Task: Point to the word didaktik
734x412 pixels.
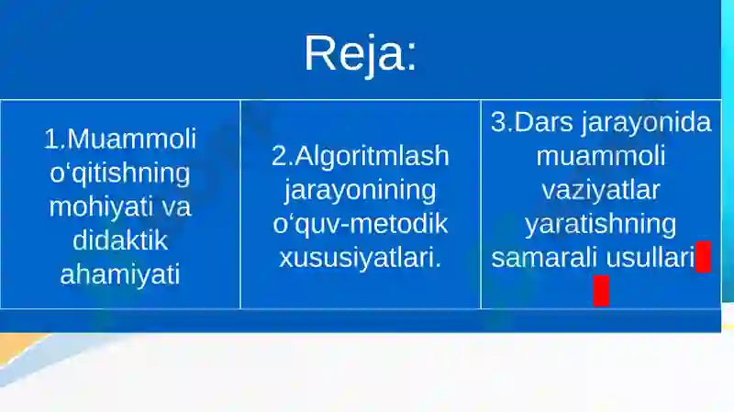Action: (x=119, y=239)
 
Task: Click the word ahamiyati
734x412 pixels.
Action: (x=119, y=273)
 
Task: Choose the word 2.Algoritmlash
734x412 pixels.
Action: (x=361, y=156)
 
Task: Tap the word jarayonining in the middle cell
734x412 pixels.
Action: (x=360, y=190)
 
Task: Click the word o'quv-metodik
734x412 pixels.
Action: (x=360, y=224)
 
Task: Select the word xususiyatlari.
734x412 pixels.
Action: (x=360, y=258)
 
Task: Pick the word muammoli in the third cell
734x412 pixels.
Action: (x=600, y=156)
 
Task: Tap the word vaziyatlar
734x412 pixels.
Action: (x=600, y=190)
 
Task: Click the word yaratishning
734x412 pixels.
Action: (x=600, y=224)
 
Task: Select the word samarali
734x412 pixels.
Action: (x=544, y=258)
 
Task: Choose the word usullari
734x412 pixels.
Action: (x=649, y=258)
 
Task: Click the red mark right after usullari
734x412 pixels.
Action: (x=703, y=258)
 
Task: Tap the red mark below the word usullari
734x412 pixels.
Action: (x=601, y=290)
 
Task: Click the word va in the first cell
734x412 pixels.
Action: (x=175, y=206)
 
